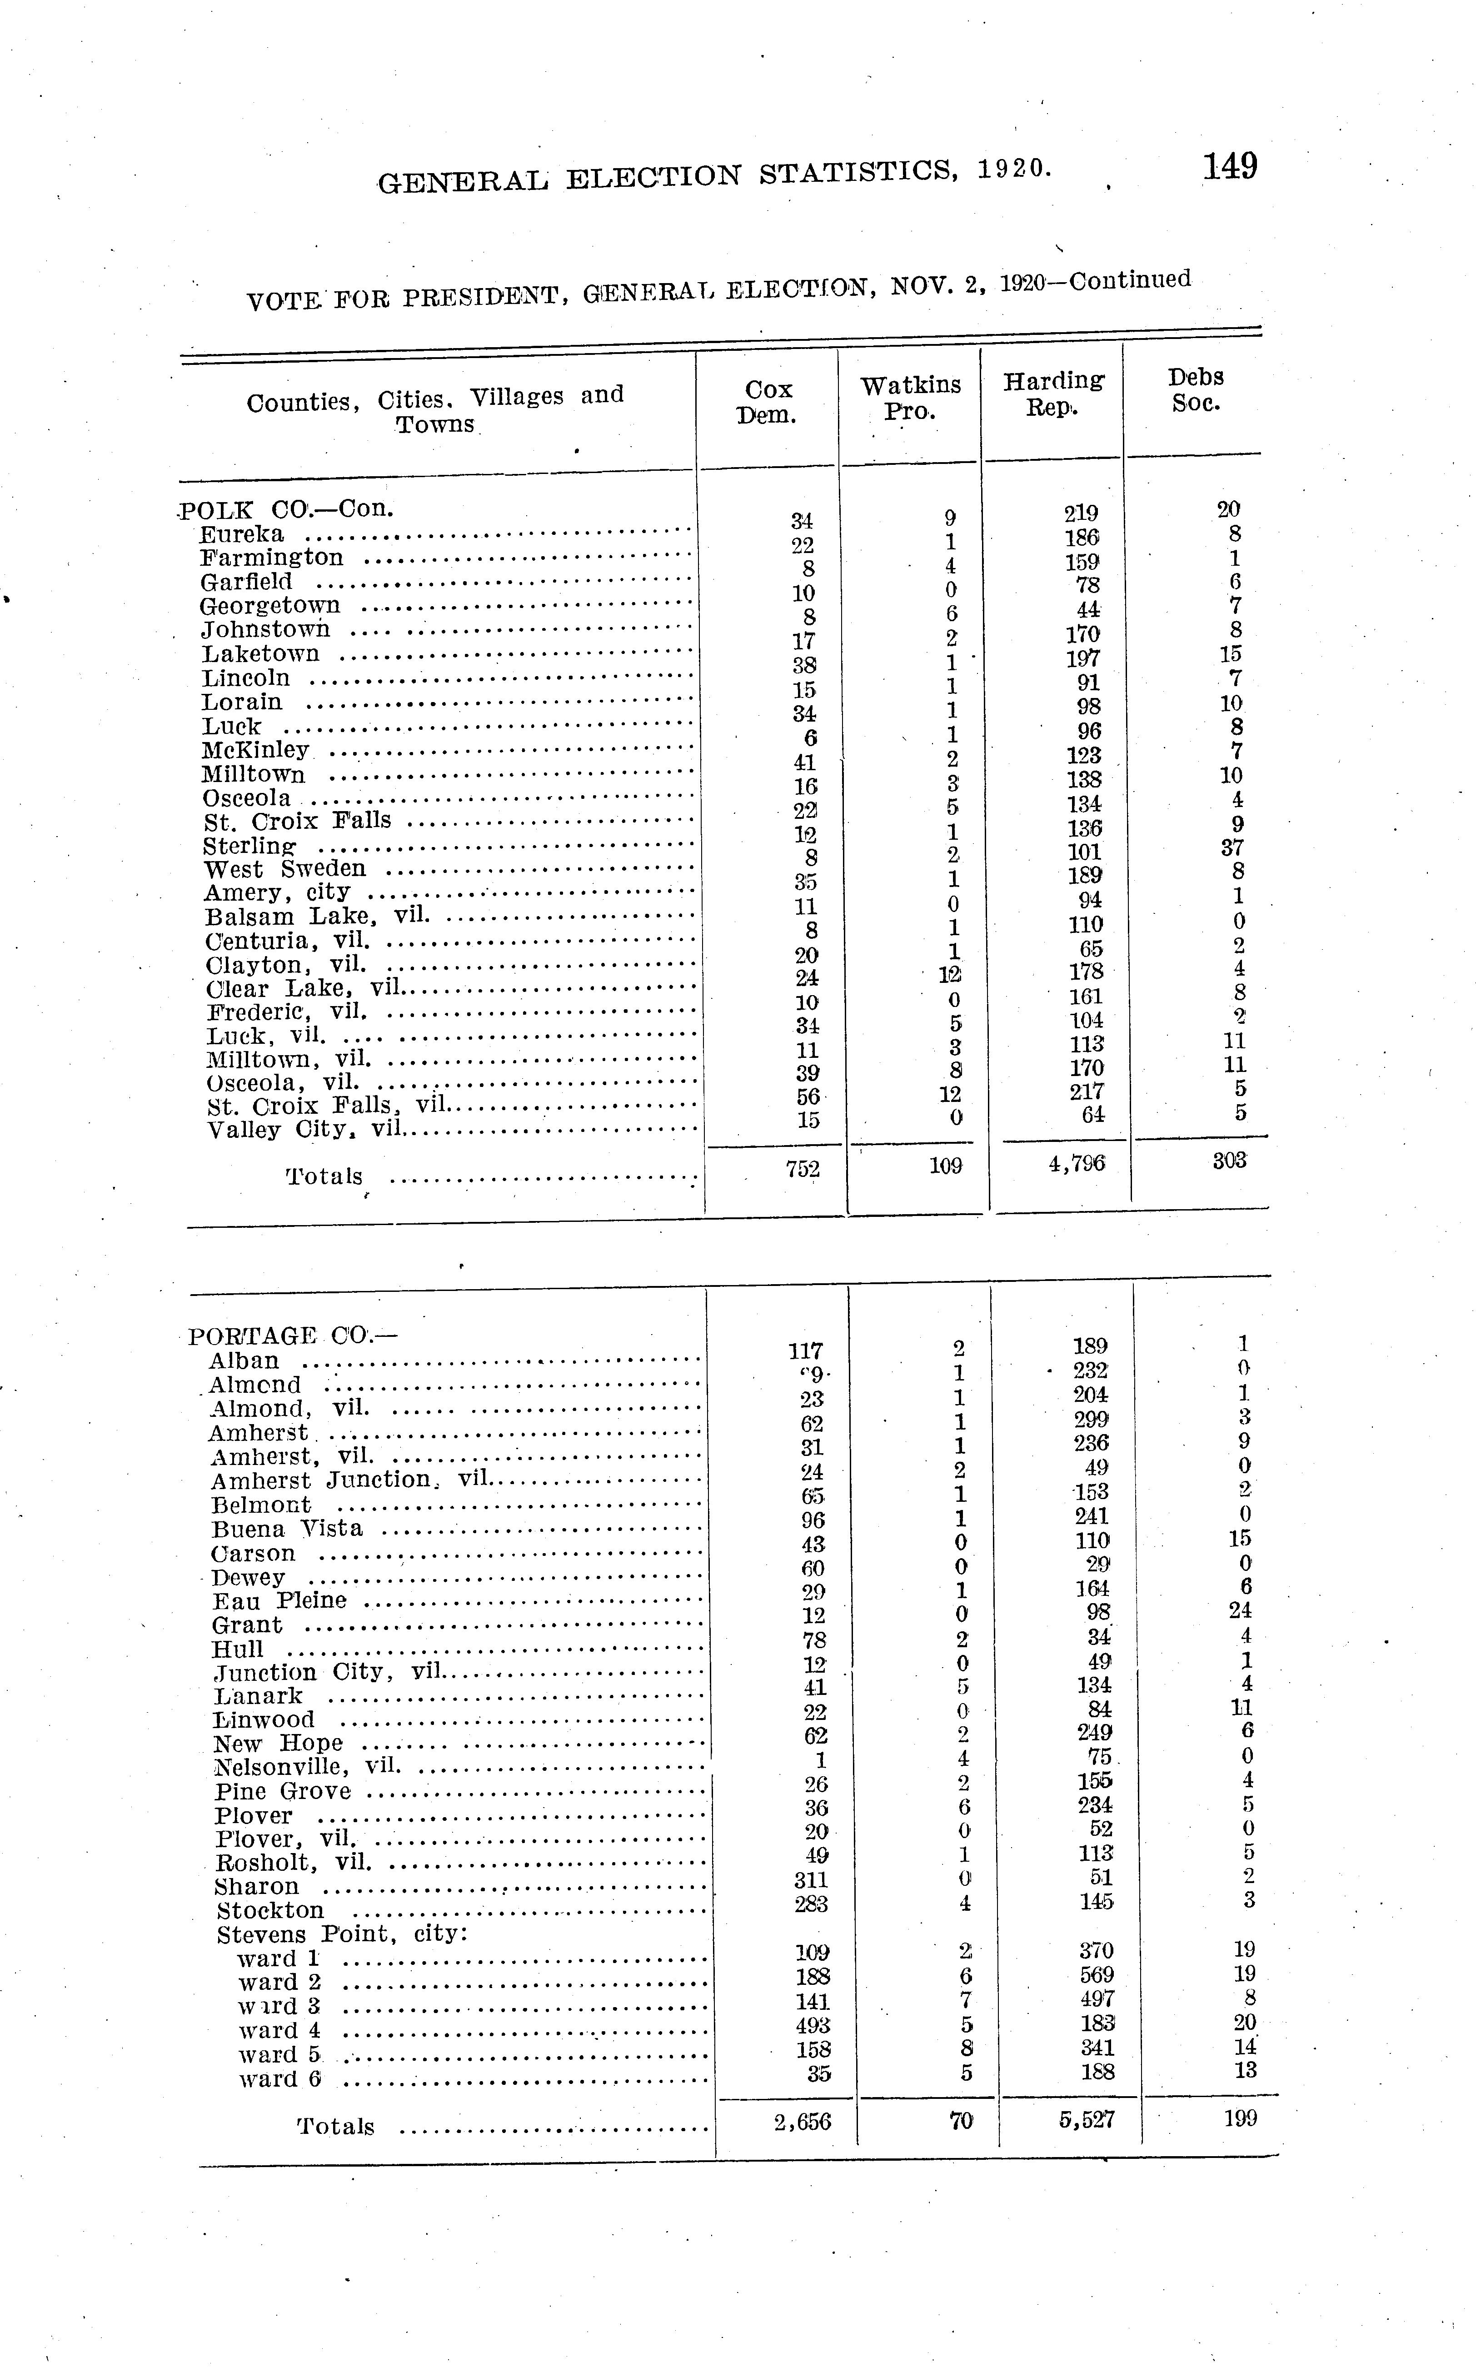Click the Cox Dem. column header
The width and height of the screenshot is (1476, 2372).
click(767, 402)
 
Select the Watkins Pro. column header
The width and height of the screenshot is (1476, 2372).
click(910, 398)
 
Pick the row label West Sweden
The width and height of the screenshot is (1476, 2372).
click(285, 869)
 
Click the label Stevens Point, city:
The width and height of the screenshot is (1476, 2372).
click(342, 1935)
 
